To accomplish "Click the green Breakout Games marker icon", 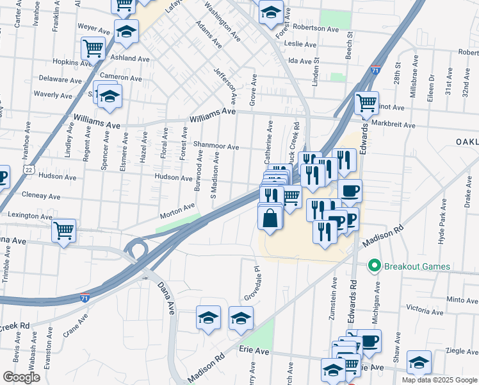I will point(374,266).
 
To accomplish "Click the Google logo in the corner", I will point(21,377).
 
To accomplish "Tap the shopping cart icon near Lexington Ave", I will point(63,230).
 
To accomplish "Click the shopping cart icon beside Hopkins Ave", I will point(93,48).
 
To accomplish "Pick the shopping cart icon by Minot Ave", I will point(366,102).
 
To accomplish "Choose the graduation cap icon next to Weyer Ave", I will point(127,31).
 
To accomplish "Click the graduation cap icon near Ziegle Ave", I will point(419,362).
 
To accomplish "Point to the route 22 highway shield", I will point(29,169).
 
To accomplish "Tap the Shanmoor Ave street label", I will point(216,147).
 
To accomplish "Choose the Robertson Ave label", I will point(315,29).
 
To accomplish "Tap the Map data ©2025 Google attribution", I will point(439,380).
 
